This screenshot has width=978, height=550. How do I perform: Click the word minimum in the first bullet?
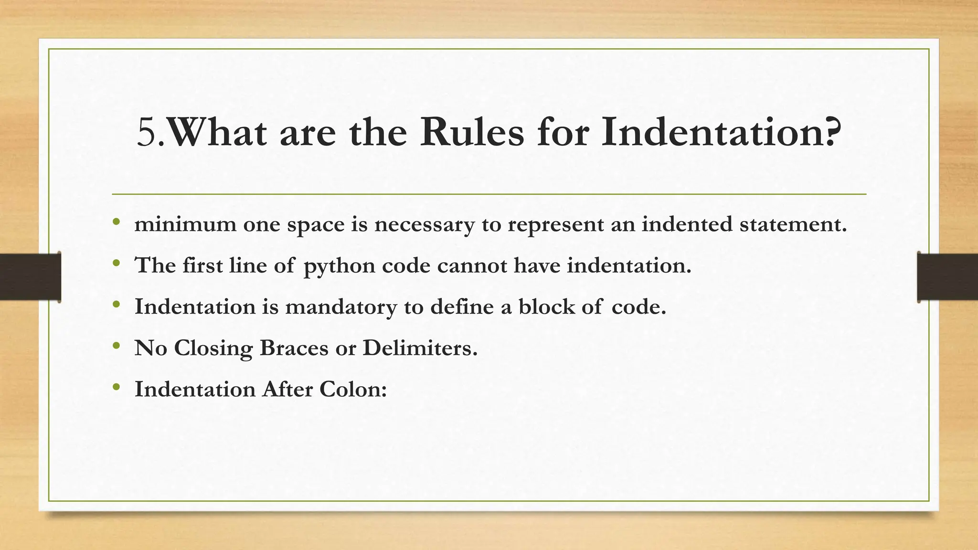click(185, 224)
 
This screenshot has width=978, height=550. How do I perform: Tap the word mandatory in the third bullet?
click(341, 307)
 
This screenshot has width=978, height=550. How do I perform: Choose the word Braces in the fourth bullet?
click(294, 348)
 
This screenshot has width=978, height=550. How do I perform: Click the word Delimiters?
click(420, 348)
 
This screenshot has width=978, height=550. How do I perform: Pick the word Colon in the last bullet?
click(352, 389)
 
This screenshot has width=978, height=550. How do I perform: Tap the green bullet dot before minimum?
click(116, 222)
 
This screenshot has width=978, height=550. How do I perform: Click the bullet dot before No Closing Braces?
click(116, 346)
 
